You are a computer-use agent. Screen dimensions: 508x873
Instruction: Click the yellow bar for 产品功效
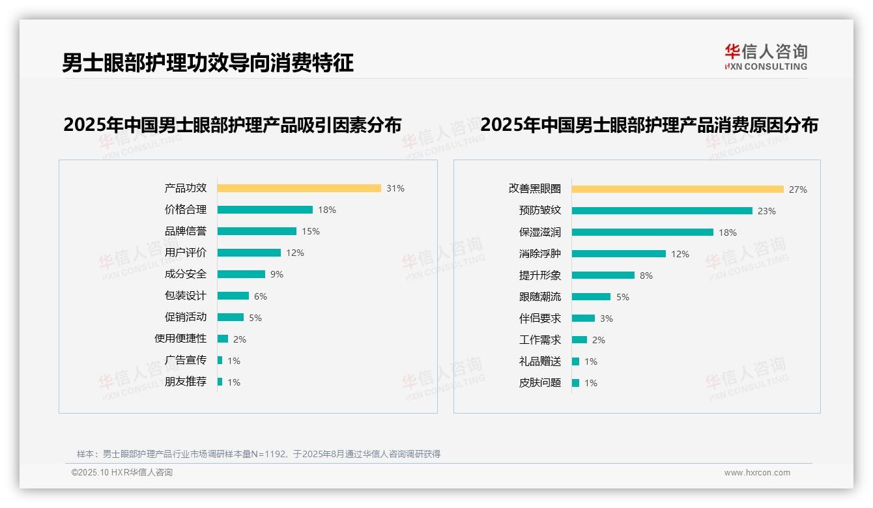[x=299, y=188]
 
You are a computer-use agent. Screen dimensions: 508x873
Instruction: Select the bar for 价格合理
[x=265, y=210]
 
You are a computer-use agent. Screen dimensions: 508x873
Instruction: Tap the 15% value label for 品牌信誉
[x=311, y=231]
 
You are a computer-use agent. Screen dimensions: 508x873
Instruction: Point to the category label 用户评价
[x=186, y=253]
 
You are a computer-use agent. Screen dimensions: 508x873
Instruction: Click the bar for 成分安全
[x=241, y=274]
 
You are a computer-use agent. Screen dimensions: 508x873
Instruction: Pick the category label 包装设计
[x=186, y=296]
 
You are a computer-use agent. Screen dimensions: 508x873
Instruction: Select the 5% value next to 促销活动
[x=255, y=318]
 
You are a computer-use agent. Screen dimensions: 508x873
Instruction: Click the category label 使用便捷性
[x=180, y=339]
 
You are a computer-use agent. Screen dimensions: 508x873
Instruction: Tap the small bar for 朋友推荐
[x=220, y=382]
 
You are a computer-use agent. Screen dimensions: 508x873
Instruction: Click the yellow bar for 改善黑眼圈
[x=678, y=190]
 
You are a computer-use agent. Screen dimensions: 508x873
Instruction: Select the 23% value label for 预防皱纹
[x=767, y=211]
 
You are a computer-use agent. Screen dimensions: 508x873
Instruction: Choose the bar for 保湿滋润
[x=642, y=233]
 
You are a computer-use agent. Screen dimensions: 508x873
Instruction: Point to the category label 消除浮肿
[x=540, y=254]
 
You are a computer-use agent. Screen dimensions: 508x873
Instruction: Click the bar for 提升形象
[x=603, y=275]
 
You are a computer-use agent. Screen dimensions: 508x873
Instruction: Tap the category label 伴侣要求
[x=540, y=318]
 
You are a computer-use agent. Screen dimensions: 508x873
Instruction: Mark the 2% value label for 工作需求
[x=599, y=340]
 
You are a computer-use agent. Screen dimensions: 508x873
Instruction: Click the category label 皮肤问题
[x=540, y=383]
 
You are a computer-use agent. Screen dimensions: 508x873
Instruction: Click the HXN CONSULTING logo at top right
[x=766, y=57]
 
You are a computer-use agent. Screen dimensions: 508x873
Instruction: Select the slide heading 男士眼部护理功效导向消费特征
[x=208, y=63]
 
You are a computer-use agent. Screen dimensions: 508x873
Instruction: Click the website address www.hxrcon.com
[x=757, y=473]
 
